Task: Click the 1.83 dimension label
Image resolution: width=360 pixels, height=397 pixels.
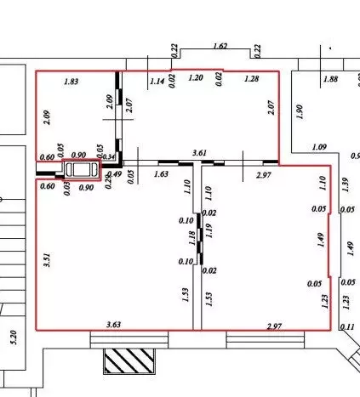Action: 71,82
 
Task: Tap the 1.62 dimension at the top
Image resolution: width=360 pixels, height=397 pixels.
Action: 220,46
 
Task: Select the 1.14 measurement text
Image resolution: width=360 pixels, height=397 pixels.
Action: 157,82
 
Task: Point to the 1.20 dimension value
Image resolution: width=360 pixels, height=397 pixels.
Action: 196,77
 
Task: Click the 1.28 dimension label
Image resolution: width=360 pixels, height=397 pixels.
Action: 252,78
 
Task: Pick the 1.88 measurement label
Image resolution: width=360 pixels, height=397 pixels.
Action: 331,79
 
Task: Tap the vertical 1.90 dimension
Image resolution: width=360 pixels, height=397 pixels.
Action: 300,111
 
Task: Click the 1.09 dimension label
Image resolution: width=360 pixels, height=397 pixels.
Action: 319,147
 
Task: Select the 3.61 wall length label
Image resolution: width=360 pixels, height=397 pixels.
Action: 199,153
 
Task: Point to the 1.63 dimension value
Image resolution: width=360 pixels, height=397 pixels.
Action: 161,173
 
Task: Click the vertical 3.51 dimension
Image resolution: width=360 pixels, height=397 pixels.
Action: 47,260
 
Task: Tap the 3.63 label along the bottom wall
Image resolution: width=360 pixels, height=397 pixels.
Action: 114,325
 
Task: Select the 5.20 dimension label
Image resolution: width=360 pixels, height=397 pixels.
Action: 14,337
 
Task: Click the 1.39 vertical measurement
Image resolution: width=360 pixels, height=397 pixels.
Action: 345,184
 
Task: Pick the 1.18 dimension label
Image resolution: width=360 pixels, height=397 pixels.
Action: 192,238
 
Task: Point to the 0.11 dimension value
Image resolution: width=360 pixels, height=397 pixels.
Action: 347,327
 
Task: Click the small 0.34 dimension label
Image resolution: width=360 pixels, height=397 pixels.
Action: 108,156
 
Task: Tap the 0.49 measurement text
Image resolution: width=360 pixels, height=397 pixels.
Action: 115,173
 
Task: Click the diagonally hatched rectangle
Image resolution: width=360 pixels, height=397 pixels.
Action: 129,361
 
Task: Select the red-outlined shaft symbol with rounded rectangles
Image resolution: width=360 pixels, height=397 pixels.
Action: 82,170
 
